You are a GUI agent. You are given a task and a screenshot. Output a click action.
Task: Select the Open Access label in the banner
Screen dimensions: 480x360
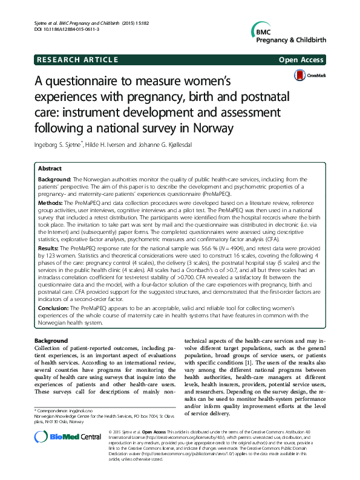(x=303, y=60)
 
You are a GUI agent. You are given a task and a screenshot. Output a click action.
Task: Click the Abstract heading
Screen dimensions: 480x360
(x=50, y=169)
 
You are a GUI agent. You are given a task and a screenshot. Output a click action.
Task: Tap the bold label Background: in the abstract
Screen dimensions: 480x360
(x=54, y=180)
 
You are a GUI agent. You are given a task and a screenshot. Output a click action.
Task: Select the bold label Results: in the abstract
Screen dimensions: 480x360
(x=49, y=248)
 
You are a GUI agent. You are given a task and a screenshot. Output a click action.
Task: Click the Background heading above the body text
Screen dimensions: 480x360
(x=51, y=341)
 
